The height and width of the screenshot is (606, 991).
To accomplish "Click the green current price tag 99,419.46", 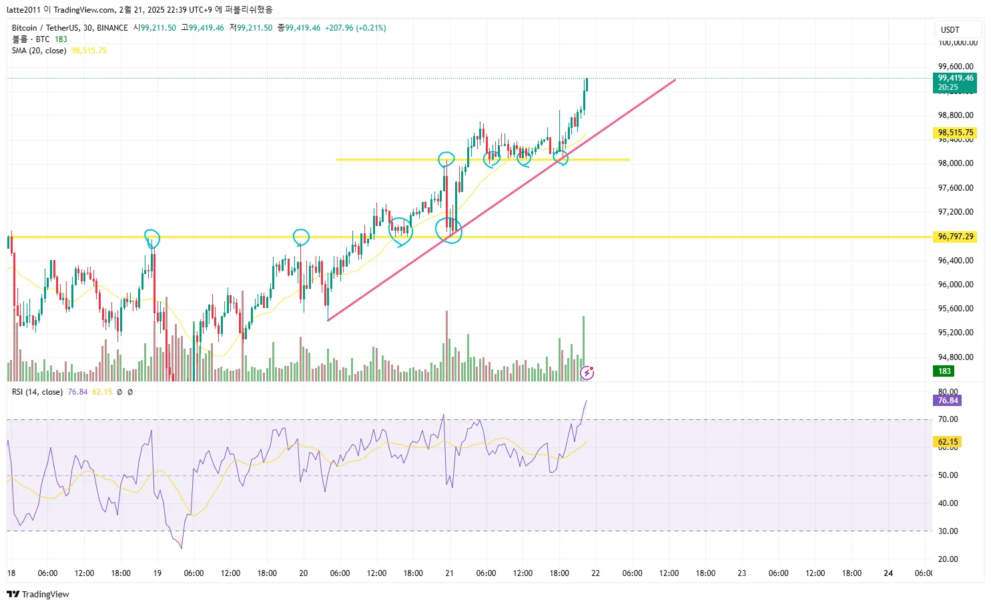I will (x=955, y=79).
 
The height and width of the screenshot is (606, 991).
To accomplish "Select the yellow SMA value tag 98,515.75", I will (x=955, y=133).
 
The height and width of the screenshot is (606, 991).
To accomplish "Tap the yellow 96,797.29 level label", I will (x=955, y=237).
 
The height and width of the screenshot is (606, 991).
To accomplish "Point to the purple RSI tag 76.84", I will (x=948, y=401).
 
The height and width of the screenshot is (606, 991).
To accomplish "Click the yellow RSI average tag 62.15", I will (x=948, y=442).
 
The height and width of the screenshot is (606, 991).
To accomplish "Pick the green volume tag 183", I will (x=944, y=371).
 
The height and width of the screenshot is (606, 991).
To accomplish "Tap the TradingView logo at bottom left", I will (x=38, y=594).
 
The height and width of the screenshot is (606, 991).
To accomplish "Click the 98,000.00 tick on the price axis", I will (x=955, y=163).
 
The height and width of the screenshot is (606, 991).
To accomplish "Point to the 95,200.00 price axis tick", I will (x=955, y=333).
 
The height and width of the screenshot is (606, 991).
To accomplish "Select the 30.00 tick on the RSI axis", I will (x=948, y=531).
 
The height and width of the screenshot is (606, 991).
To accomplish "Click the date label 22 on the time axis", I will (x=595, y=573).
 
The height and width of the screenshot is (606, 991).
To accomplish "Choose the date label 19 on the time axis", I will (x=157, y=573).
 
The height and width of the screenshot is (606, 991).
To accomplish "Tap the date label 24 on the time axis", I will (x=888, y=573).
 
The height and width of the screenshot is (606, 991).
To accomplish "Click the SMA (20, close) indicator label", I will (x=39, y=51).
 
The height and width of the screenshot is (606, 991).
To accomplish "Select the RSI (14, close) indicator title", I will (x=37, y=392).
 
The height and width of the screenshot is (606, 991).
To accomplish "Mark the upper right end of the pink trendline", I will (x=675, y=80).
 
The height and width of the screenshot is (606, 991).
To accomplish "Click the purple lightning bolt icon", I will (x=587, y=373).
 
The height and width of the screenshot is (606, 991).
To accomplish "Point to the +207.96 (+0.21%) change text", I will (x=355, y=28).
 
